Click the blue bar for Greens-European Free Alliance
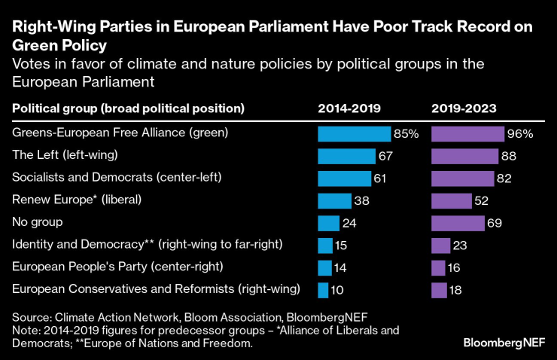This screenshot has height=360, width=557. (x=354, y=134)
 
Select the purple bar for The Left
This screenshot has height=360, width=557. (x=464, y=157)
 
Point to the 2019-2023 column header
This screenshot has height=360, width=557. (x=464, y=108)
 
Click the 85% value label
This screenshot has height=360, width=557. (x=406, y=134)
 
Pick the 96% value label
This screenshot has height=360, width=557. (x=520, y=134)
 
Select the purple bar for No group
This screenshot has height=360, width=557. (x=457, y=223)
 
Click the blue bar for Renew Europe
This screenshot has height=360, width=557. (x=334, y=201)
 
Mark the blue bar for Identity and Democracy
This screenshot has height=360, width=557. (x=324, y=246)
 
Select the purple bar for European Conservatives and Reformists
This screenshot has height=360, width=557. (x=438, y=290)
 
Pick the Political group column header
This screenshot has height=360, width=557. (x=128, y=108)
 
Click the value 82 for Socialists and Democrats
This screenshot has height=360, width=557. (x=505, y=178)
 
